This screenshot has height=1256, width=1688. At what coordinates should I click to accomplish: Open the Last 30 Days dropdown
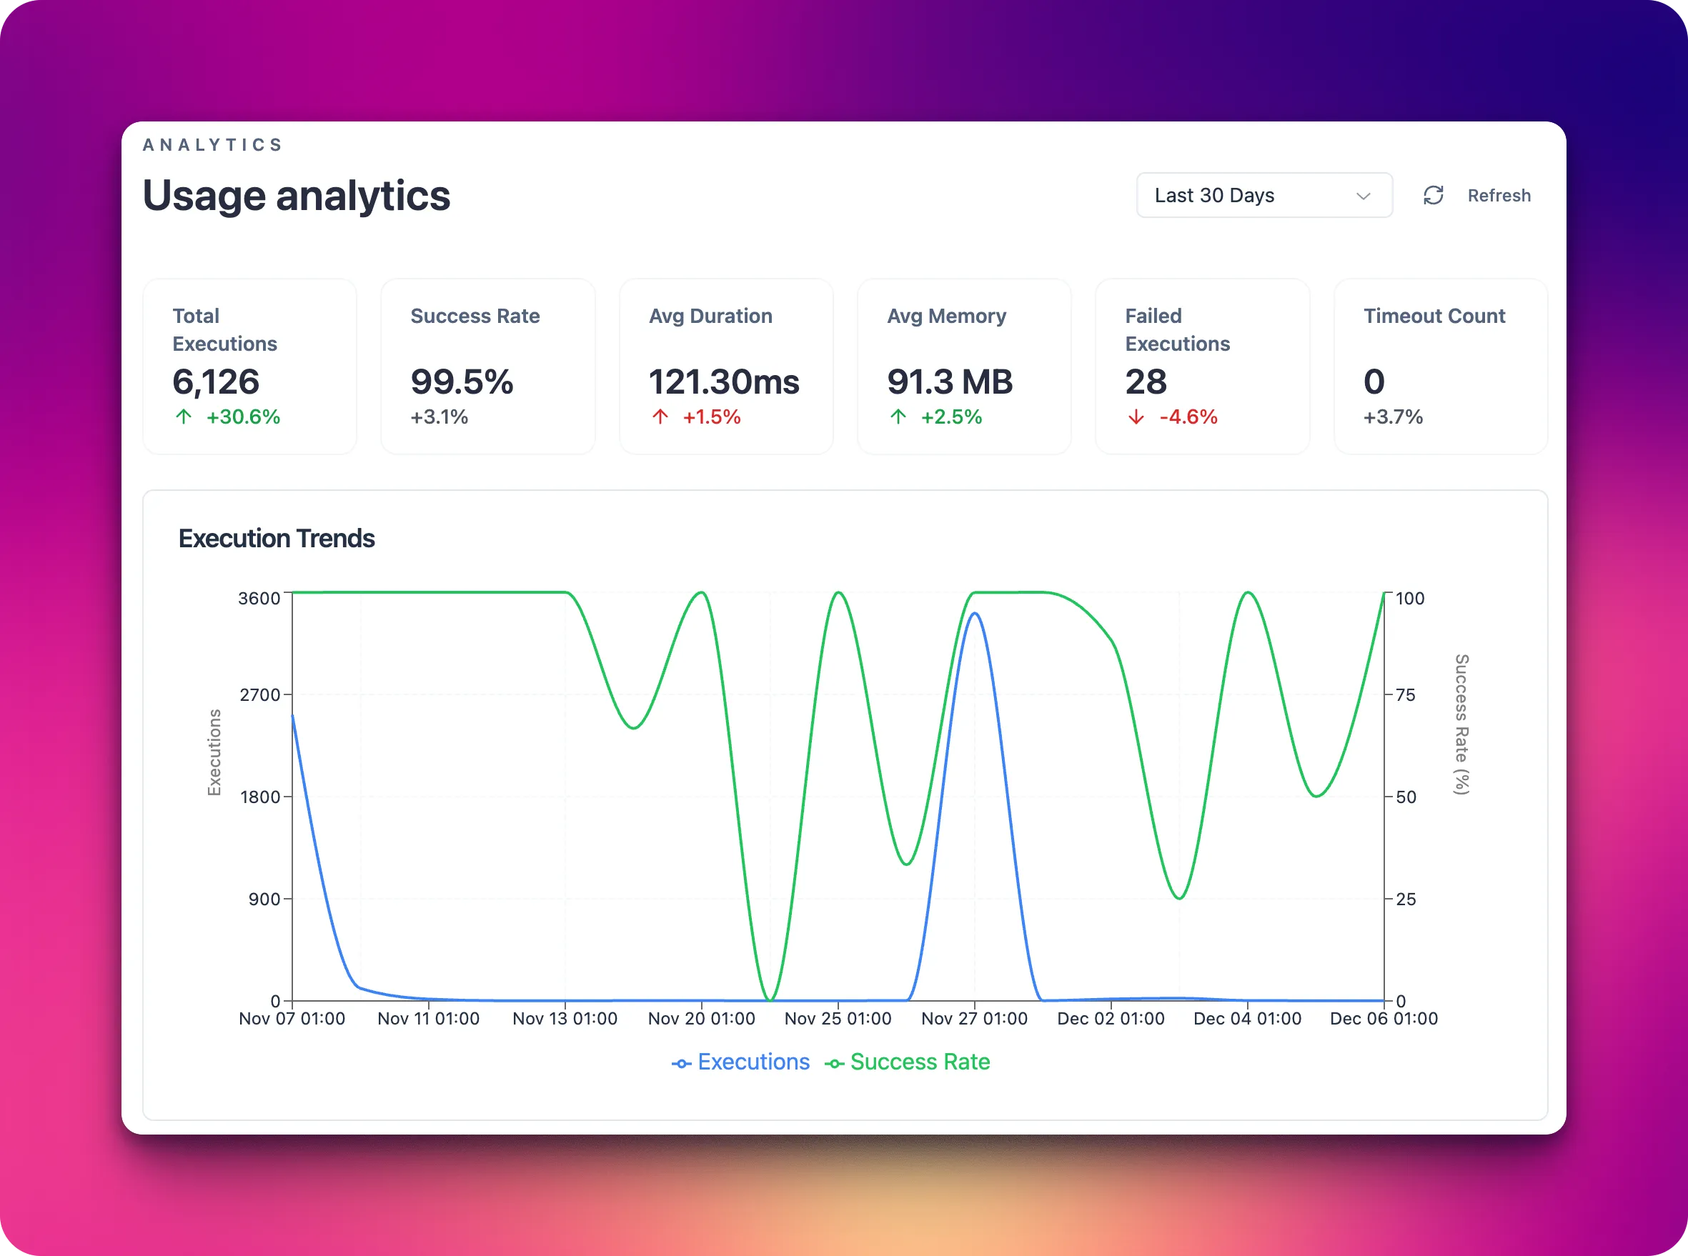tap(1263, 195)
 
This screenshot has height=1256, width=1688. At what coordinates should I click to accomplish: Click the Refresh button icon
tap(1434, 195)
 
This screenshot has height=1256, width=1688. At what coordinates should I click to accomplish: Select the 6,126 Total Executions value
tap(216, 382)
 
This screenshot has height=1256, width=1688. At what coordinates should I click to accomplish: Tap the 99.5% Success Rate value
tap(462, 382)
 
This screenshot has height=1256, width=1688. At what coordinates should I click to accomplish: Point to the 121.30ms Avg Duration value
tap(723, 382)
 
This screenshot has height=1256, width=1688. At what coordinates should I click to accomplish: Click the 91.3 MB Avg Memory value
tap(949, 382)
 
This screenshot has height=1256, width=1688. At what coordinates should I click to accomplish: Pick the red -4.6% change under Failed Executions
tap(1188, 417)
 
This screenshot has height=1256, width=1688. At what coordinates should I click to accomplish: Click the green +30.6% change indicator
tap(242, 417)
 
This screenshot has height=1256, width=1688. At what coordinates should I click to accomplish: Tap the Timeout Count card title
tap(1434, 316)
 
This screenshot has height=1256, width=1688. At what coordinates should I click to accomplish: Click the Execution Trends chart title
tap(276, 538)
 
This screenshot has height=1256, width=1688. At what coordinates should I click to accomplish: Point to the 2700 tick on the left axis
tap(260, 695)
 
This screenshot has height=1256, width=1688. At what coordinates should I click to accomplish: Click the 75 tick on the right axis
tap(1405, 695)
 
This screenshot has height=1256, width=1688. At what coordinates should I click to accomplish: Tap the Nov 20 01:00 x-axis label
tap(701, 1019)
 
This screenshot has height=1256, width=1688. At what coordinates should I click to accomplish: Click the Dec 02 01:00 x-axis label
tap(1110, 1019)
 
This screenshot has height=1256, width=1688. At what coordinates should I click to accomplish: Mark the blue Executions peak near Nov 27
tap(974, 614)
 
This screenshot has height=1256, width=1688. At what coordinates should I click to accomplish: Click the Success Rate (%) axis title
tap(1461, 724)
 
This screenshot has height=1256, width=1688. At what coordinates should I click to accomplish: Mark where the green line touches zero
tap(770, 1000)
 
